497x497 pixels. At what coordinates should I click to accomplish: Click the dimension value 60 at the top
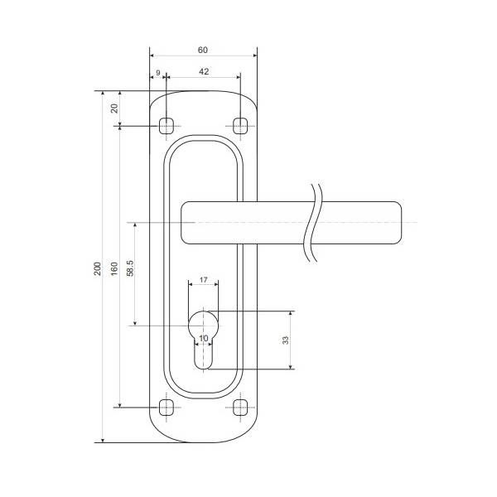pos(203,50)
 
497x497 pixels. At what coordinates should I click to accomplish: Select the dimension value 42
pos(204,71)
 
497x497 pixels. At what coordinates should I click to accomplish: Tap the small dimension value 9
pos(158,73)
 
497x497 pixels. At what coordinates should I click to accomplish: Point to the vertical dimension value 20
pos(114,109)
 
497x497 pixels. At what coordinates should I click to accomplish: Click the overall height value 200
pos(98,268)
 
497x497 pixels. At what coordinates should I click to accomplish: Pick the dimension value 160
pos(114,268)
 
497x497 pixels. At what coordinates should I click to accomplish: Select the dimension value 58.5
pos(130,268)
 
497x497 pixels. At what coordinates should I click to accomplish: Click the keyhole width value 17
pos(204,280)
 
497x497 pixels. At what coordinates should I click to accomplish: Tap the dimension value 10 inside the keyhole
pos(204,338)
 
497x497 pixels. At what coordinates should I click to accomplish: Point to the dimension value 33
pos(286,340)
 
